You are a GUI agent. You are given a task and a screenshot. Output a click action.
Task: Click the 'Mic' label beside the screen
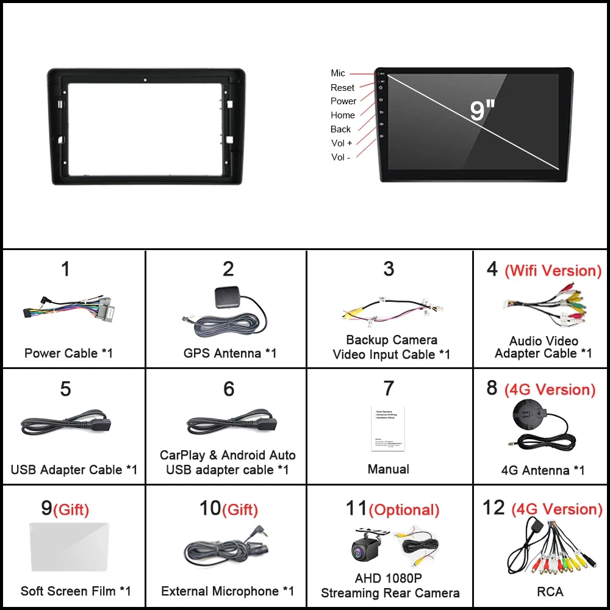[x=338, y=73]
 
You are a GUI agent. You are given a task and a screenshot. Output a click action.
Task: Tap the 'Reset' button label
[x=342, y=88]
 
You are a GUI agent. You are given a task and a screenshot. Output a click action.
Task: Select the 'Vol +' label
[x=342, y=143]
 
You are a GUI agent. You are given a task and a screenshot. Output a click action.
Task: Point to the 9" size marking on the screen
[x=482, y=110]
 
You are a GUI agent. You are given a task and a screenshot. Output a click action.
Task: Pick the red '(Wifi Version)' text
[x=553, y=271]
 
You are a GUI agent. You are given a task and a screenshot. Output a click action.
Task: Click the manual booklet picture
[x=388, y=428]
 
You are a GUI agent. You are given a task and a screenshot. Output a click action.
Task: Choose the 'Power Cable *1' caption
[x=68, y=353]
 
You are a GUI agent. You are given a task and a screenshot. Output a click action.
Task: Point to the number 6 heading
[x=229, y=389]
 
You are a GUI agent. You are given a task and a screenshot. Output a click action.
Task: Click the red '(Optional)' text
[x=404, y=510]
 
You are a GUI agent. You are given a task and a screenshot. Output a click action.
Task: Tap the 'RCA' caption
[x=550, y=591]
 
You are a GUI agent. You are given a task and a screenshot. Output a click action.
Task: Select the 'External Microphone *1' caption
[x=228, y=591]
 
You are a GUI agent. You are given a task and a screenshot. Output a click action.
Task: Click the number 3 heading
[x=389, y=269]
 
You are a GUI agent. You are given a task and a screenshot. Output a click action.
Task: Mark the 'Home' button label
[x=342, y=115]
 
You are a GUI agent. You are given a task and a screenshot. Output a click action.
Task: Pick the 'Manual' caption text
[x=388, y=469]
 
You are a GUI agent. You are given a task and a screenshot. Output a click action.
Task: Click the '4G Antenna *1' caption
[x=543, y=470]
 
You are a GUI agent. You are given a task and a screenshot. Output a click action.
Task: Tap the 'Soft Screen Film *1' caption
[x=76, y=591]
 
